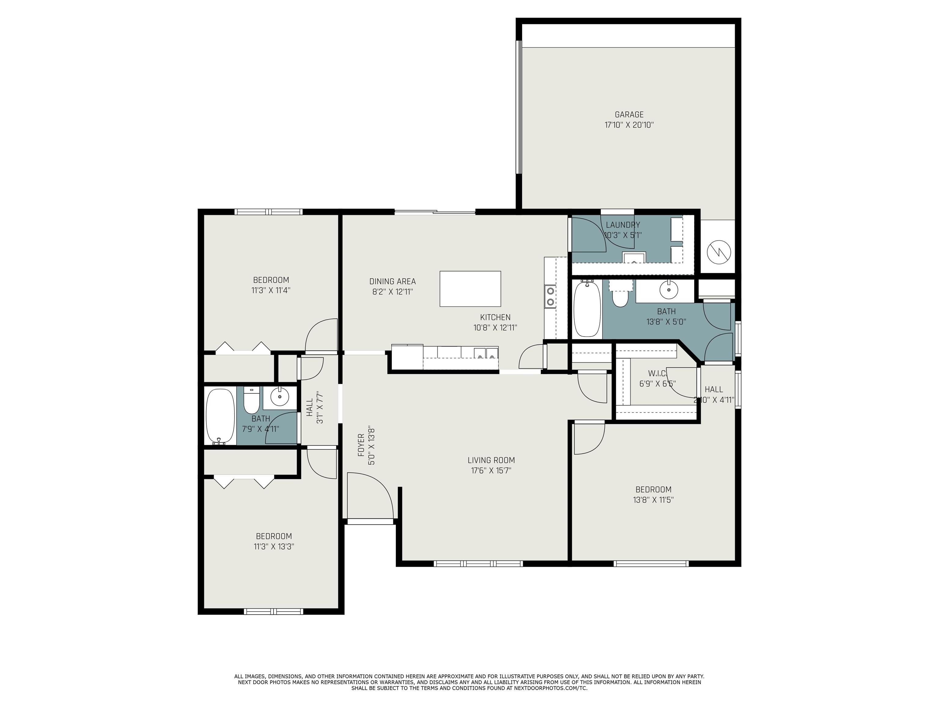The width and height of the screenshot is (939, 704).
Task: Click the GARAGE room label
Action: [x=629, y=115]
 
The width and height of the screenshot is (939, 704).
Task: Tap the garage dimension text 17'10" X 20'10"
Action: [x=629, y=125]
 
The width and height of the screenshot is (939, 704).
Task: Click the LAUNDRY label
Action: [x=623, y=225]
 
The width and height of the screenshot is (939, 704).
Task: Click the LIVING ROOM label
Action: [x=491, y=460]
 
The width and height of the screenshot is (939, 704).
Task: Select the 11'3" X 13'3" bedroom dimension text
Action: [x=274, y=547]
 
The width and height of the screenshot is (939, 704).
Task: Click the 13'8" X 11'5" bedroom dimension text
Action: [x=653, y=500]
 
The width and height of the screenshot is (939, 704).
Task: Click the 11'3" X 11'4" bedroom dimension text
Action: [x=271, y=291]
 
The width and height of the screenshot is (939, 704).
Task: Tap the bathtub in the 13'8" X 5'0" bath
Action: [x=587, y=309]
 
